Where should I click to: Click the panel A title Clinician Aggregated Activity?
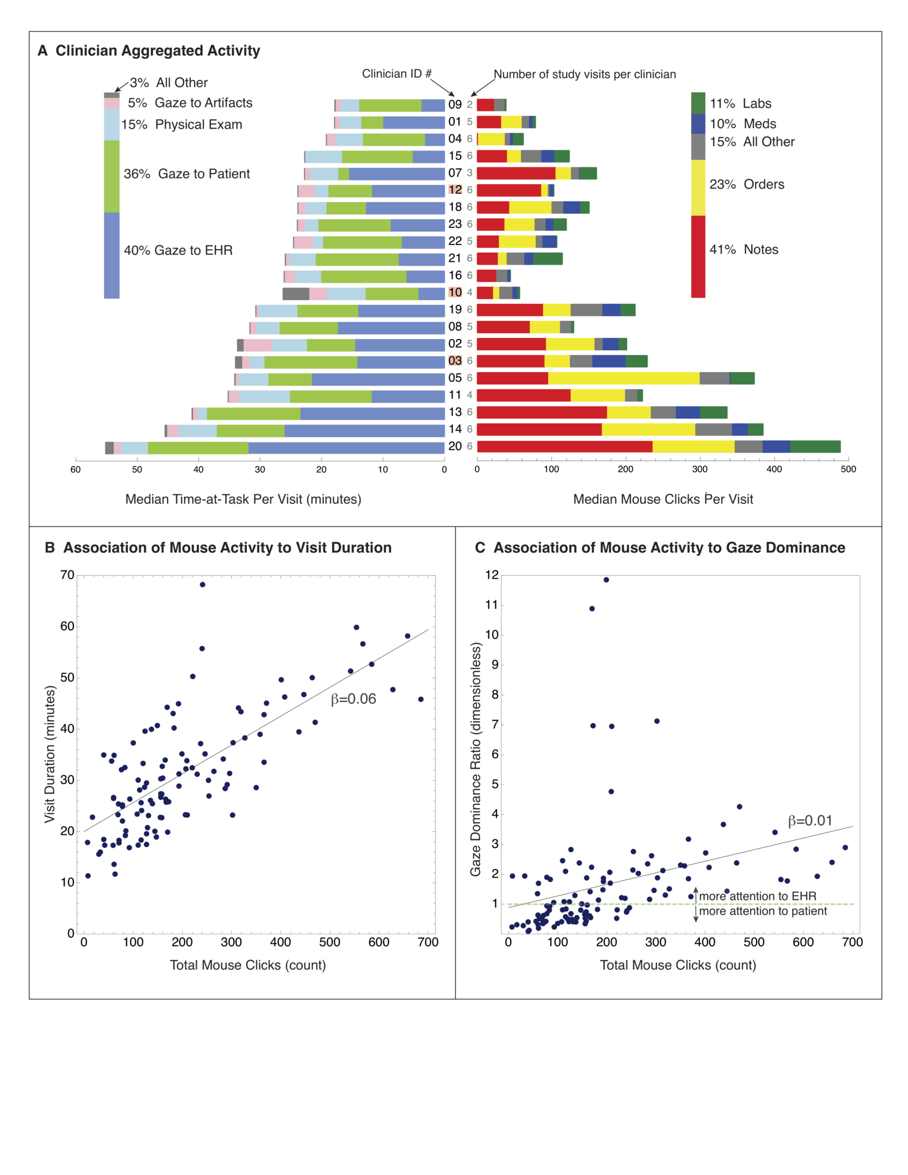pos(158,51)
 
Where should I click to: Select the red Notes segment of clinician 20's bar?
pos(564,446)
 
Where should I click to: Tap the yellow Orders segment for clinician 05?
pos(623,378)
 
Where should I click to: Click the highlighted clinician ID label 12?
pos(455,190)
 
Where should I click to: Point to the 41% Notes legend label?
pos(743,250)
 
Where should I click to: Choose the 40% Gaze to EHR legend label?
pos(178,251)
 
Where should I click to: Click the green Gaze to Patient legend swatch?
pos(112,176)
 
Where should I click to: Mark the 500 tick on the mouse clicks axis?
pos(848,469)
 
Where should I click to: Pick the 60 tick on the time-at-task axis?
pos(75,469)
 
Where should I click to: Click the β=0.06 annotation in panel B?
pos(353,699)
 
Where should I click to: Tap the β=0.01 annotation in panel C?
pos(810,821)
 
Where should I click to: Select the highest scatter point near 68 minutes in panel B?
pos(203,585)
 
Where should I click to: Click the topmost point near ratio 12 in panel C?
pos(606,580)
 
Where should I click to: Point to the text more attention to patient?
pos(763,911)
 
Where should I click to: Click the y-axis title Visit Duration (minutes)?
pos(50,755)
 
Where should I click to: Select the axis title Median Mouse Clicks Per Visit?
pos(663,499)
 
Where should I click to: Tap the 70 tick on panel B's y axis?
pos(68,575)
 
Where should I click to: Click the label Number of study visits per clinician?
pos(584,75)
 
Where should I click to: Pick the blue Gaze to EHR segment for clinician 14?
pos(364,430)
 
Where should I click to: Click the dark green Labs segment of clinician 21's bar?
pos(547,258)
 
